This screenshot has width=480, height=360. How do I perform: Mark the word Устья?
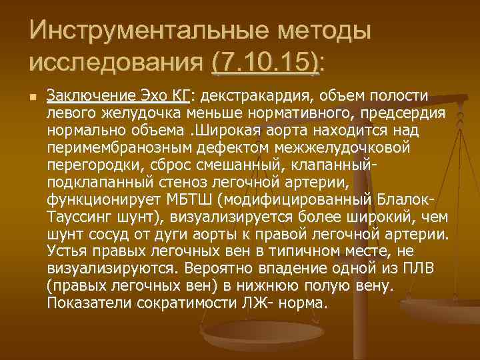click(x=68, y=251)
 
